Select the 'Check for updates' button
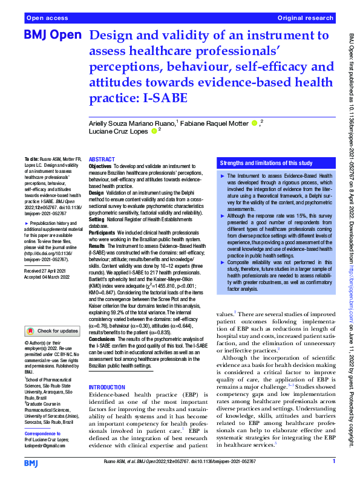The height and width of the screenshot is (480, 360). [53, 331]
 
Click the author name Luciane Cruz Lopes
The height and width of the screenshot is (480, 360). [118, 131]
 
